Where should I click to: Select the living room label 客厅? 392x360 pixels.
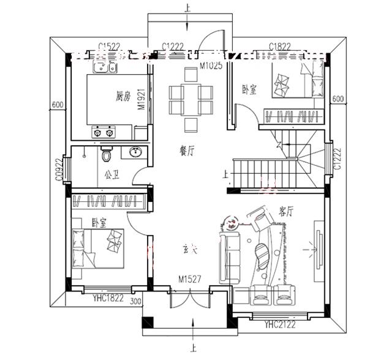tap(286, 212)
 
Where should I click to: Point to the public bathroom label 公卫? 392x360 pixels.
tap(111, 174)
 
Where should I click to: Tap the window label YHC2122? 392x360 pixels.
tap(279, 325)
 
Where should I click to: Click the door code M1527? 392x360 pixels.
tap(190, 279)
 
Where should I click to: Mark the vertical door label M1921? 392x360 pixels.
tap(140, 98)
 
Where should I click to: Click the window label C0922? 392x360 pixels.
tap(59, 167)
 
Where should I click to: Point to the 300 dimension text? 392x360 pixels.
tap(136, 301)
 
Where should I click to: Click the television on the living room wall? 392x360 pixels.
tap(317, 249)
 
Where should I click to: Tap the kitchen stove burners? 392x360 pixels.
tap(103, 131)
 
